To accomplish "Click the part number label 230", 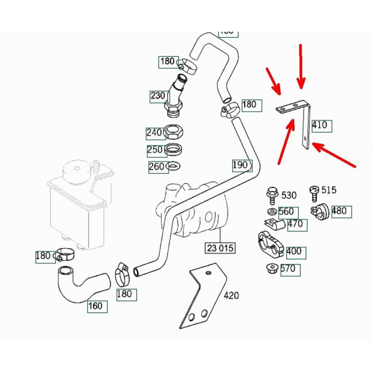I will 158,96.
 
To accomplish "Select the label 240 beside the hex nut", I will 154,133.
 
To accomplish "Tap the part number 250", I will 155,150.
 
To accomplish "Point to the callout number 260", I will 157,166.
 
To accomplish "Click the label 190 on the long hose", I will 240,165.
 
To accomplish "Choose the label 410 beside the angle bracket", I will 319,125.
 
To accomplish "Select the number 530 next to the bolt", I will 289,195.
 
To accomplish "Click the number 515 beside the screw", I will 329,190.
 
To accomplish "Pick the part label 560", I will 286,212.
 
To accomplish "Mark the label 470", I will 295,224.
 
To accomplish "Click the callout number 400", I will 294,252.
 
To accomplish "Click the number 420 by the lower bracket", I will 232,295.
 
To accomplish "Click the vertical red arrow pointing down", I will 301,65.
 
